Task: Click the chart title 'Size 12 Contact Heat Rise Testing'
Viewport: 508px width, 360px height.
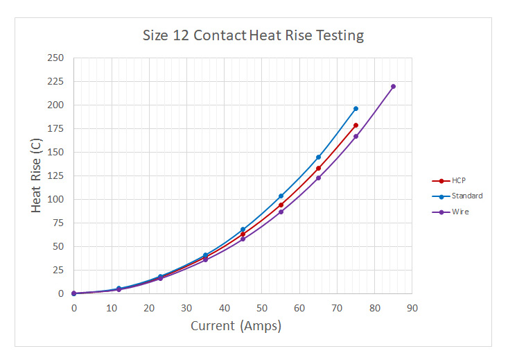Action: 253,35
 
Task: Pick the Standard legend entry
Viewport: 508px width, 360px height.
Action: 466,196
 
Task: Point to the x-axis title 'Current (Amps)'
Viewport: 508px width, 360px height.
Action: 236,326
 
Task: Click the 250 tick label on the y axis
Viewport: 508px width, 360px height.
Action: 55,58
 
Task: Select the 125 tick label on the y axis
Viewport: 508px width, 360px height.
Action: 55,175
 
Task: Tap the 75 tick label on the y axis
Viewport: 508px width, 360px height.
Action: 58,223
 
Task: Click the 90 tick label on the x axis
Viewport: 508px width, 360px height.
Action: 412,308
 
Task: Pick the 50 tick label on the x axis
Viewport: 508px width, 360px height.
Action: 261,308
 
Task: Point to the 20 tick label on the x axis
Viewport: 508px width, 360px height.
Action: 149,308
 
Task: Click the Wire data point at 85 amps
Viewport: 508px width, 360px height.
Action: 393,87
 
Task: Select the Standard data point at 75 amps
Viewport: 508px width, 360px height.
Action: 356,108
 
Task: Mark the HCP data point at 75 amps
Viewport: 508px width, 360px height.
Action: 356,126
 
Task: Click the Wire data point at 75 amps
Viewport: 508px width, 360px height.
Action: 356,136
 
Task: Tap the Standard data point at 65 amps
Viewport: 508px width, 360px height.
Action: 318,157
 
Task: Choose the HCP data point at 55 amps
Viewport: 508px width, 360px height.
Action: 281,205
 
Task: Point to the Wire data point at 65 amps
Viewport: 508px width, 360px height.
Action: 318,178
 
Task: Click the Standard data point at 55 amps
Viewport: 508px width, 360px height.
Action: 281,196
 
